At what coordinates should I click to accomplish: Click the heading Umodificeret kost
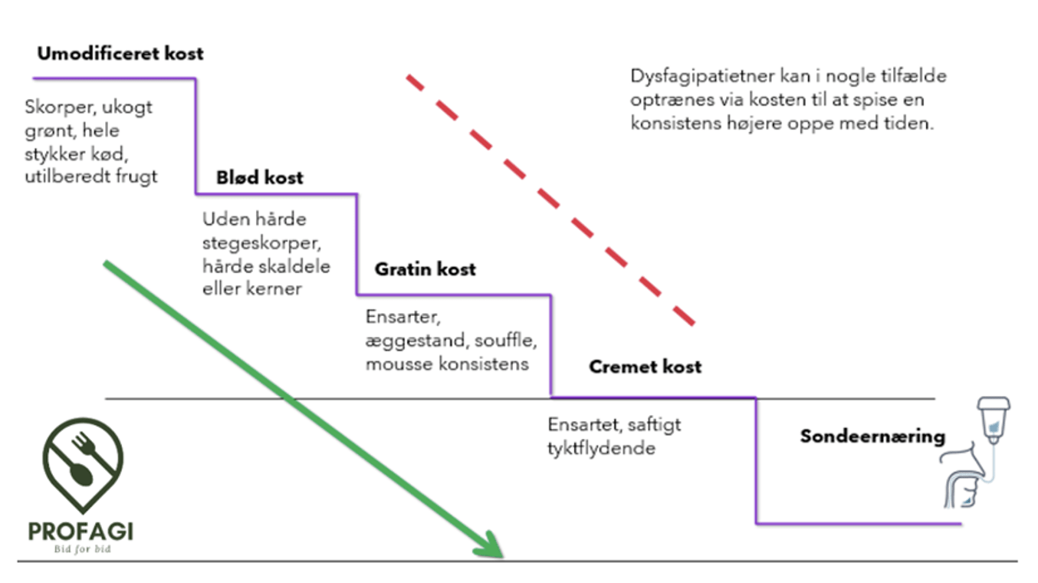click(x=120, y=54)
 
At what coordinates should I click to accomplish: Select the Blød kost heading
click(x=260, y=178)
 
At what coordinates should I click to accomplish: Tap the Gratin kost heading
click(x=425, y=269)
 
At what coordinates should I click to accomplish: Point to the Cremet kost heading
click(x=645, y=367)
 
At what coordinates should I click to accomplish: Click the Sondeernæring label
click(x=872, y=436)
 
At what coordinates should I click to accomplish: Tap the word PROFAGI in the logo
click(x=80, y=531)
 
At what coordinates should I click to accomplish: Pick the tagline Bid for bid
click(x=80, y=549)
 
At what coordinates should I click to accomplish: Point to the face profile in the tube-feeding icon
click(x=967, y=479)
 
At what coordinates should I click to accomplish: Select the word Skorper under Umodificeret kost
click(x=56, y=107)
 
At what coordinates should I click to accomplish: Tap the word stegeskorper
click(x=256, y=242)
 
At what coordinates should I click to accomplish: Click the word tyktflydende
click(x=601, y=448)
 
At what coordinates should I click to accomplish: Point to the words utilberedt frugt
click(x=91, y=176)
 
